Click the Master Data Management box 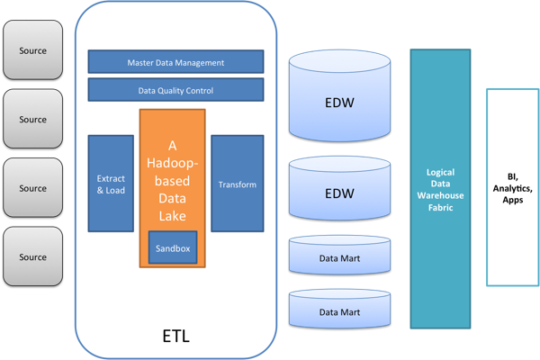coord(175,62)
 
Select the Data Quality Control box coord(175,90)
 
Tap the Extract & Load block coord(111,184)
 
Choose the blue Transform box coord(238,184)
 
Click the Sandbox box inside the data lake coord(172,247)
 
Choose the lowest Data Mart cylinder coord(339,311)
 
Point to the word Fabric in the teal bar coord(440,208)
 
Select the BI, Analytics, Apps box coord(513,187)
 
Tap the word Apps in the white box coord(513,200)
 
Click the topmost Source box coord(32,50)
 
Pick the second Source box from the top coord(32,119)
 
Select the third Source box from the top coord(32,188)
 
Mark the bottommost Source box coord(32,257)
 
